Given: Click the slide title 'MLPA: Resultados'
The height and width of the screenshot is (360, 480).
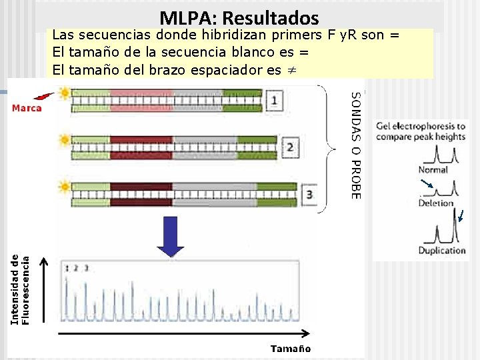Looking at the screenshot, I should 239,18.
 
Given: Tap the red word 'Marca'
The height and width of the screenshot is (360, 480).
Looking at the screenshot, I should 27,108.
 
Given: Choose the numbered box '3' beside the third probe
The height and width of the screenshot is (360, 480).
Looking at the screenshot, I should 309,194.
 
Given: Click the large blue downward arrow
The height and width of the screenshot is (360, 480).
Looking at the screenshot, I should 171,237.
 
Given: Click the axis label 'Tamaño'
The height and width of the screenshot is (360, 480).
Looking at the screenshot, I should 290,348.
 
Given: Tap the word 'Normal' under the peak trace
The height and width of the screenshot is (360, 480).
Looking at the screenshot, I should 433,170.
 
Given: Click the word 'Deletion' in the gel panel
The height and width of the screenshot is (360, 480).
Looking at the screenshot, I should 435,203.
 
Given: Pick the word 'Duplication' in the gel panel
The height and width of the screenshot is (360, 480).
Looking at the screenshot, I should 441,251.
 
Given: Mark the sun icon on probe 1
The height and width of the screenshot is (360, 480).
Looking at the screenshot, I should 65,94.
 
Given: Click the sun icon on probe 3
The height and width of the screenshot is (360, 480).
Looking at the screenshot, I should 65,187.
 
